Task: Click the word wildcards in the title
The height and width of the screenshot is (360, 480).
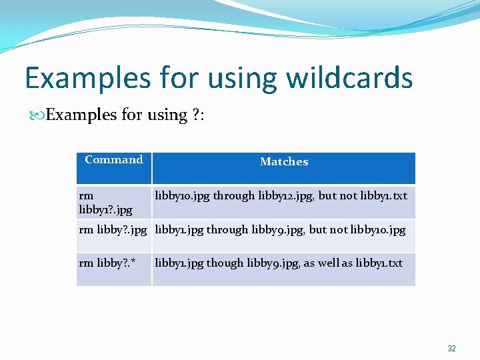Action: click(x=349, y=78)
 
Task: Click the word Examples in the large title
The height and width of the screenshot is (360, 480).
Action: click(x=88, y=78)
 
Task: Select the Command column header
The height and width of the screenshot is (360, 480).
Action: click(x=114, y=160)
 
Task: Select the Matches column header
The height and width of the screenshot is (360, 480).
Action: click(x=284, y=162)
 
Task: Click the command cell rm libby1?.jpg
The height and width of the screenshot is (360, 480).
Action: click(x=105, y=203)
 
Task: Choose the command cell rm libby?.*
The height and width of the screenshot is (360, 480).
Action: click(x=107, y=263)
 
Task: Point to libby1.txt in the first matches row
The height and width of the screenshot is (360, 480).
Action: click(x=383, y=196)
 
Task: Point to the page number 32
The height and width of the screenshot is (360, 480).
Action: click(x=451, y=349)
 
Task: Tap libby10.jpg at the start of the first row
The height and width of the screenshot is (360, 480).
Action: click(x=182, y=196)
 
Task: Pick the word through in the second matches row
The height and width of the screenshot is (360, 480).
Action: click(x=227, y=229)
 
